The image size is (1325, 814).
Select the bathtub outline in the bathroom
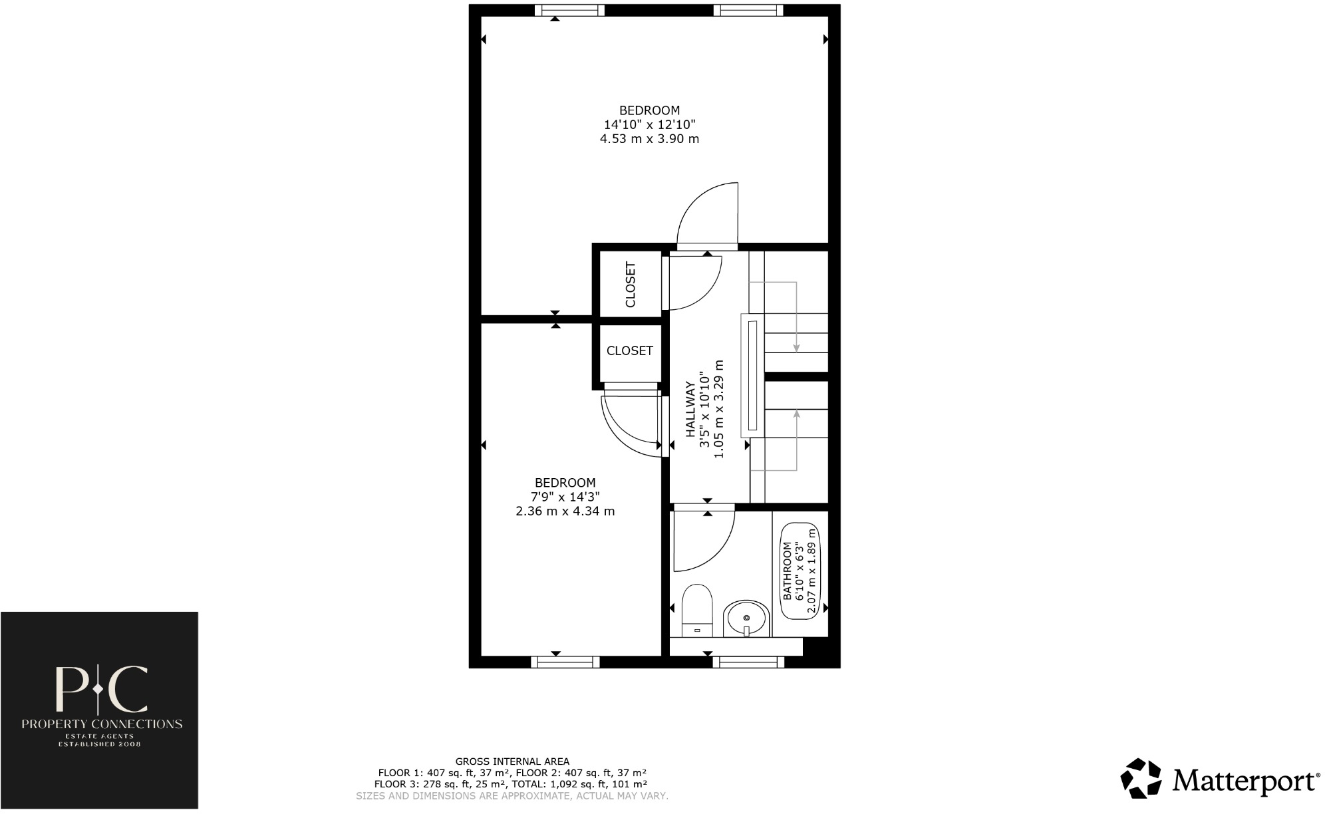click(x=800, y=571)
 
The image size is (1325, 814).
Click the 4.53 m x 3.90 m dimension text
click(x=649, y=139)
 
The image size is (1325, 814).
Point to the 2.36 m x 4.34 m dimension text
click(x=565, y=511)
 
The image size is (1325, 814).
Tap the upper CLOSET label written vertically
click(x=631, y=285)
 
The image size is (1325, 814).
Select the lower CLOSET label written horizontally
click(x=629, y=350)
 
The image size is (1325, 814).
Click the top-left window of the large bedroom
click(x=570, y=10)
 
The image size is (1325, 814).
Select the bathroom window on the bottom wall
click(x=748, y=662)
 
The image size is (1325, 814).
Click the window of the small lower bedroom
click(x=565, y=662)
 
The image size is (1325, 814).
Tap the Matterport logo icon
click(x=1141, y=778)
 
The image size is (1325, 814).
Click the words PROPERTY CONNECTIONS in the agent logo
click(x=102, y=724)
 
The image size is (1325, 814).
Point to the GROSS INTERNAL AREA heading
click(x=512, y=761)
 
